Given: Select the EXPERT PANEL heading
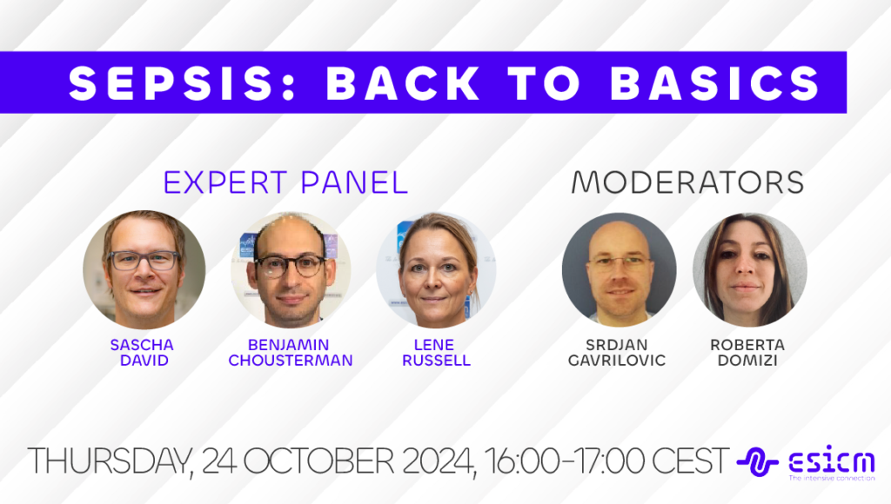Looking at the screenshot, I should tap(285, 182).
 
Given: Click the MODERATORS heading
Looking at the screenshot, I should tap(687, 182).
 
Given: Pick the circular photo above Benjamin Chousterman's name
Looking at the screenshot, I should tap(291, 269).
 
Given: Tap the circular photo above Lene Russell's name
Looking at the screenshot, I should tap(436, 269).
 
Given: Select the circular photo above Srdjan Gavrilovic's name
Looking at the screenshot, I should tap(619, 269).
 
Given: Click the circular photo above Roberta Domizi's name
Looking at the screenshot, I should tap(749, 269).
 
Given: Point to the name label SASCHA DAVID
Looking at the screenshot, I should tap(142, 353).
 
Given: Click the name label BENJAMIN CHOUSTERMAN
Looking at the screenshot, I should tap(291, 353).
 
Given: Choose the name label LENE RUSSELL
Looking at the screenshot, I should tap(436, 353).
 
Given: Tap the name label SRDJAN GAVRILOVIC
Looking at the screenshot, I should tap(619, 353).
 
